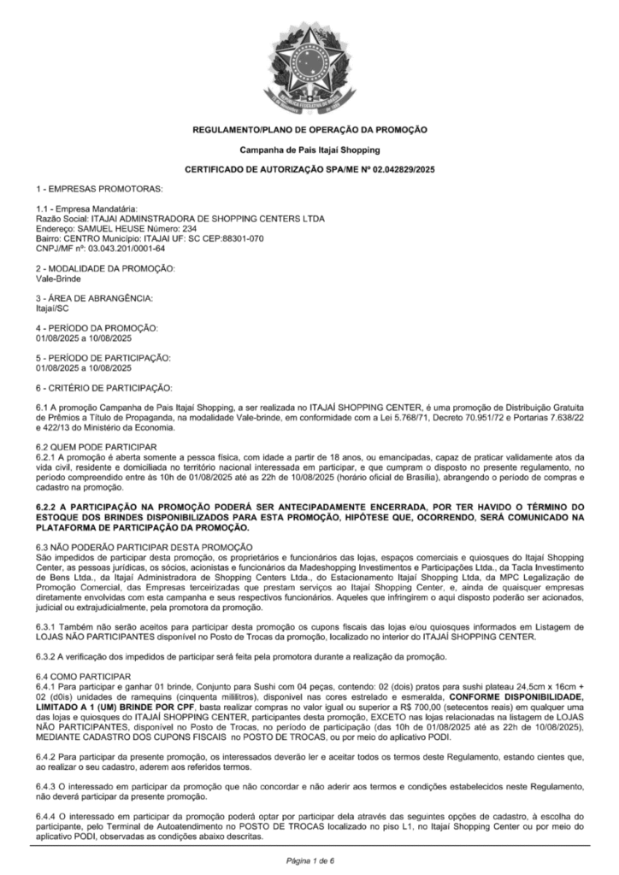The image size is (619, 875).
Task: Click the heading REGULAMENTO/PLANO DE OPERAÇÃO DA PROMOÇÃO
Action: click(309, 129)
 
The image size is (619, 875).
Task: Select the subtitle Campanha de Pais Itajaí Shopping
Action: click(309, 150)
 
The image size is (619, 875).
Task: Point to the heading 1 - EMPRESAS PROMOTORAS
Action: click(99, 187)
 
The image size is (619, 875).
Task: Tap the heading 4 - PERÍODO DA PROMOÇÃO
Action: click(97, 328)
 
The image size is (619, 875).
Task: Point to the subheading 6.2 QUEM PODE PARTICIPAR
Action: click(97, 447)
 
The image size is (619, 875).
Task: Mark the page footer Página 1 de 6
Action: click(309, 859)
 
